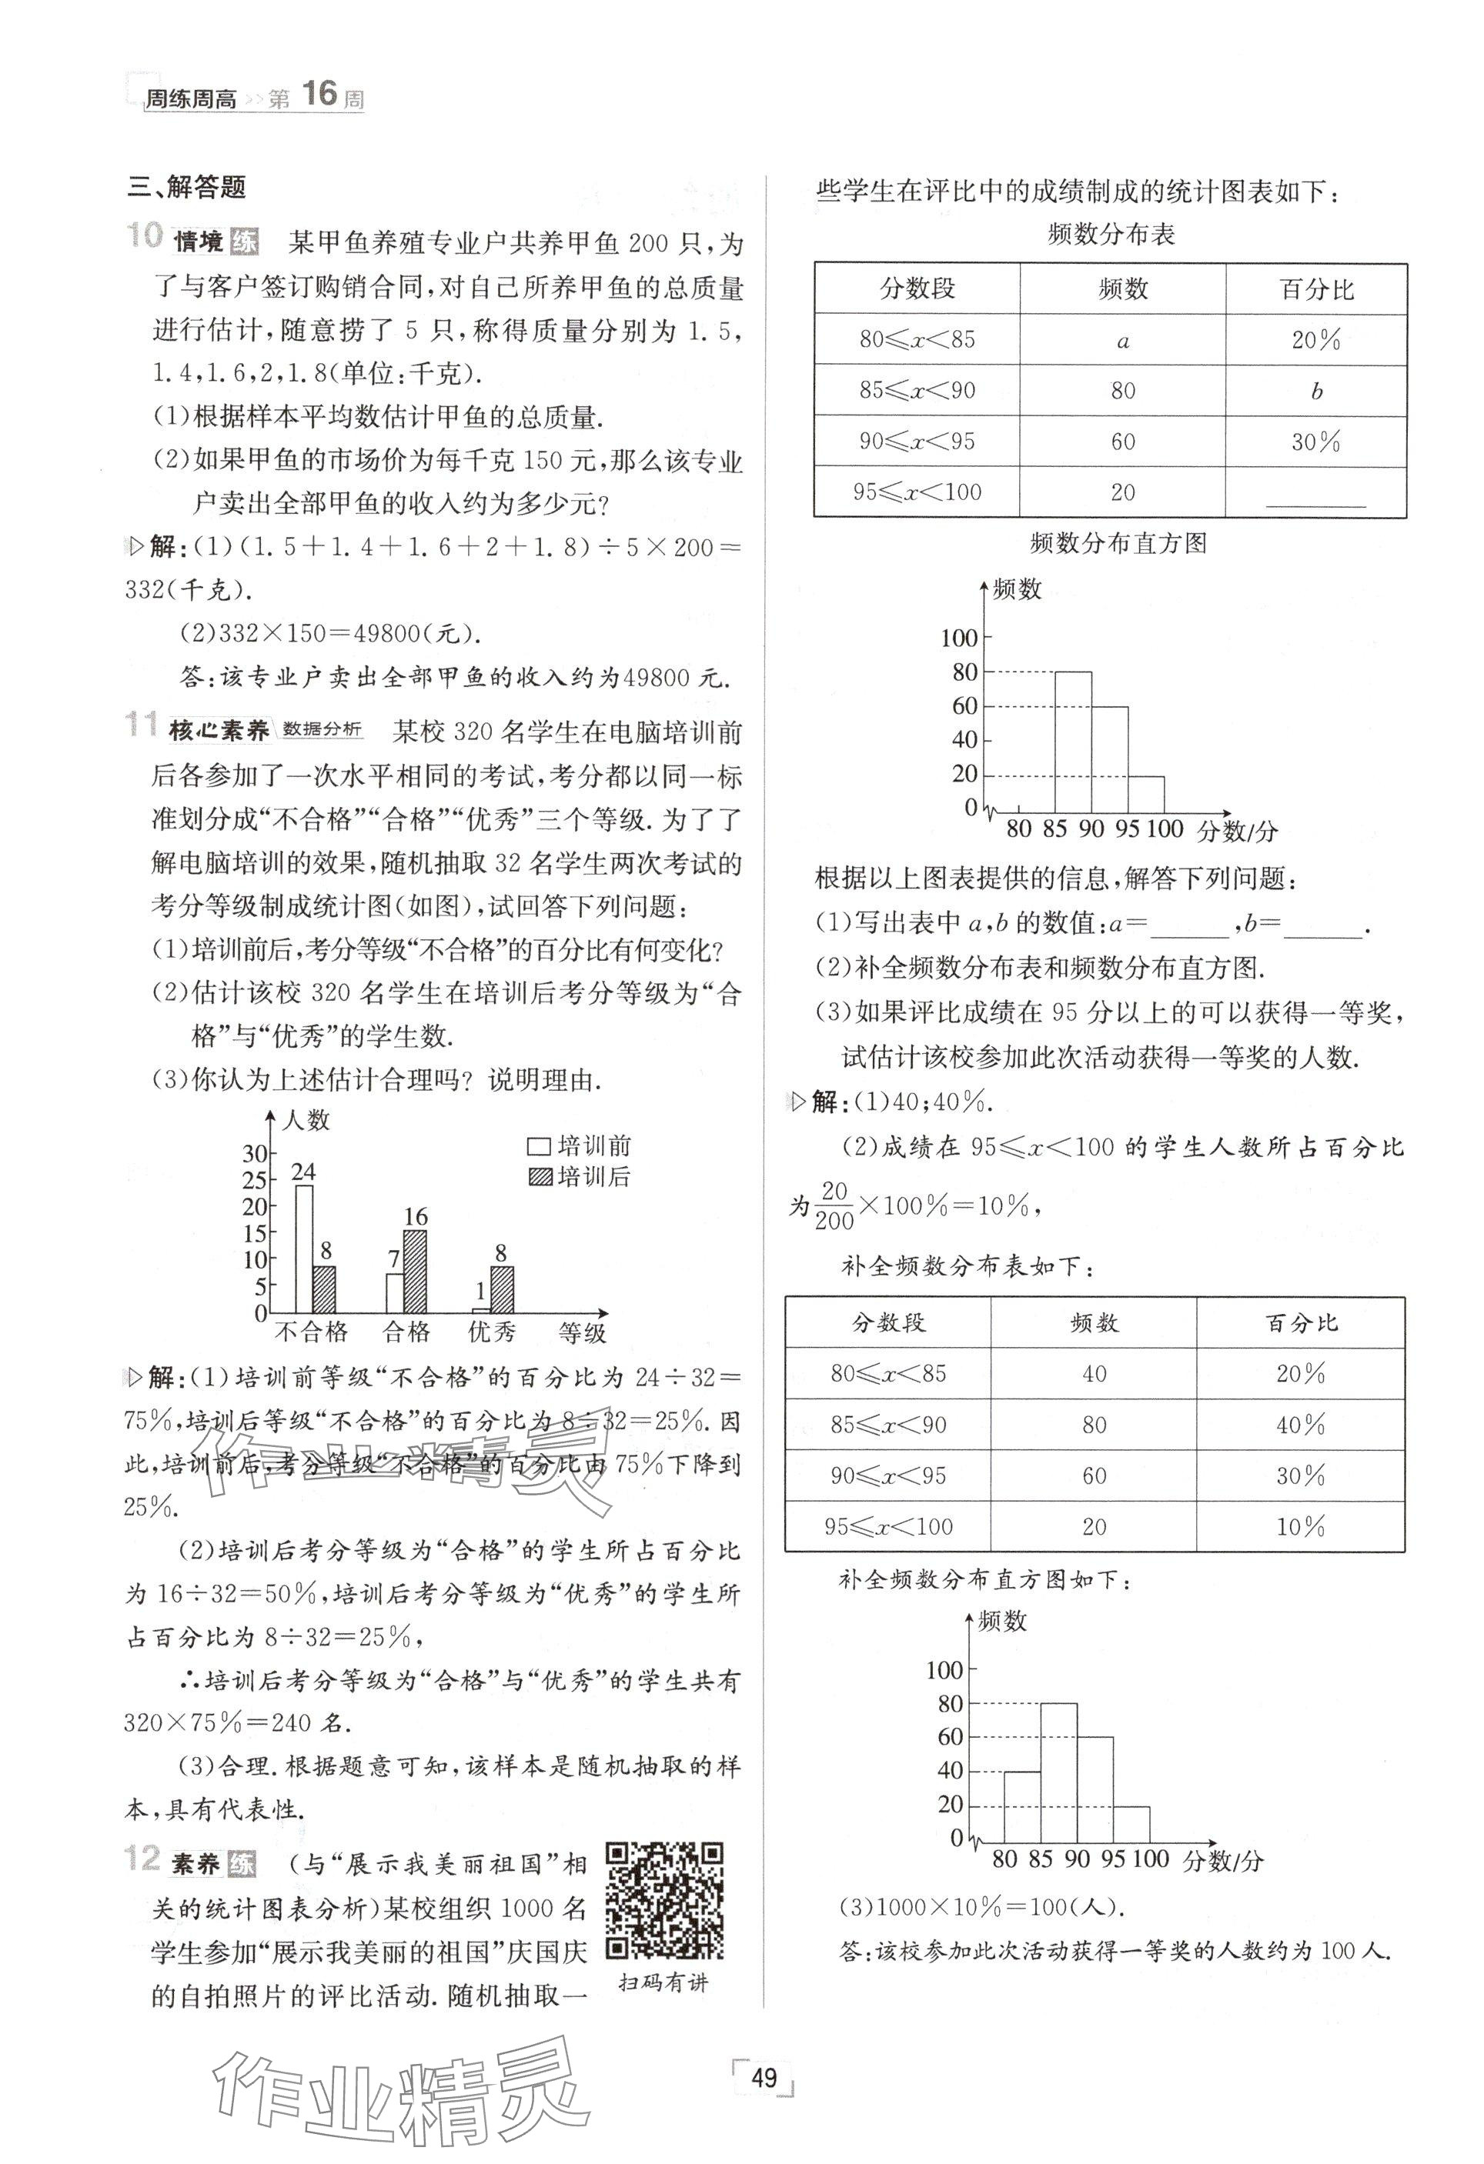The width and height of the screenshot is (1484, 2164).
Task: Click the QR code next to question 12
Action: (665, 1900)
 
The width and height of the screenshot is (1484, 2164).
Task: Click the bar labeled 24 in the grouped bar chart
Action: (304, 1248)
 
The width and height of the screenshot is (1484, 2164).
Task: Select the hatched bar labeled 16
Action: (415, 1271)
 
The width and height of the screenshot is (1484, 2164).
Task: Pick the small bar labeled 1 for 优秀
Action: (482, 1309)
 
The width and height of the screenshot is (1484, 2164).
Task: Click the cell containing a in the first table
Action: (1122, 340)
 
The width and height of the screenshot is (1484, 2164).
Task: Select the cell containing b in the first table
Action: (1315, 391)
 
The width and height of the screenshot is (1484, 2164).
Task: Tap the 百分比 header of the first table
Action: (1316, 289)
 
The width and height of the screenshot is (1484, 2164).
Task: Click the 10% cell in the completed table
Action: (1301, 1526)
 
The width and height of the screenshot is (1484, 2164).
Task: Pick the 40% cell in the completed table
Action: (1301, 1424)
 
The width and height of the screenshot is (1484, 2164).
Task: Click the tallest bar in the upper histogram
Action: (1073, 740)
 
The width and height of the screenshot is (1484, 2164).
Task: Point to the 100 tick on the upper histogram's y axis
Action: (960, 638)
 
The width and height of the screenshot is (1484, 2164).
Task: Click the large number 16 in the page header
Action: (319, 93)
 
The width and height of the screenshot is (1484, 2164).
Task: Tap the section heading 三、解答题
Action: (186, 187)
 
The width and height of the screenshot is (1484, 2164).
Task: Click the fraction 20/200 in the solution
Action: (834, 1205)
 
